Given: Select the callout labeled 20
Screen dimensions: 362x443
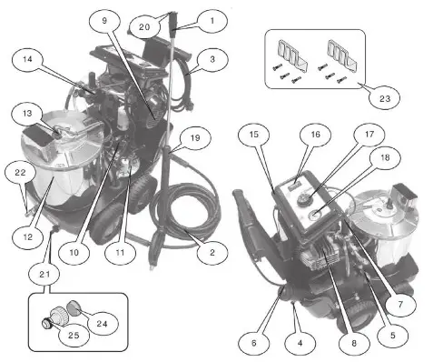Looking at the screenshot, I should click(145, 27).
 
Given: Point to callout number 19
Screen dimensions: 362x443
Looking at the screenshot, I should click(194, 139).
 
